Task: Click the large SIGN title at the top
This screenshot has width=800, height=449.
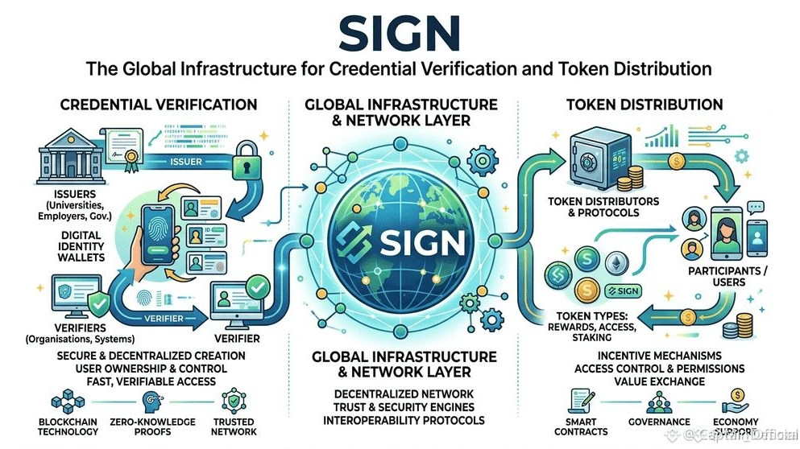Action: click(x=400, y=31)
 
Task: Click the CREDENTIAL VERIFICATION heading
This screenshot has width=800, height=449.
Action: click(x=158, y=105)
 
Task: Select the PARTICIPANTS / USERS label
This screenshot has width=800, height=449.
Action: click(x=726, y=277)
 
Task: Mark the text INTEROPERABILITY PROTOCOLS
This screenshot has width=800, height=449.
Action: click(x=400, y=419)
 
